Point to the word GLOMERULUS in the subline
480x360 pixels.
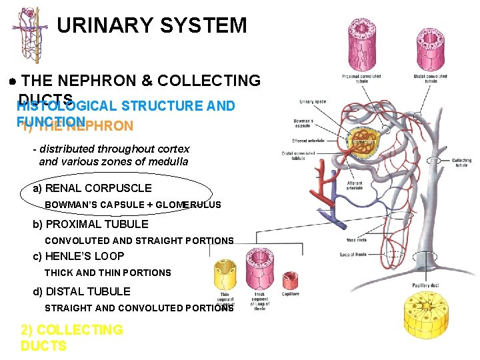pyautogui.click(x=190, y=205)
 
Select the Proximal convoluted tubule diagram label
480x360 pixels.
pyautogui.click(x=361, y=78)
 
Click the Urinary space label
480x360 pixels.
pyautogui.click(x=313, y=102)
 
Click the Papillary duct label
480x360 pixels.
pyautogui.click(x=426, y=285)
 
